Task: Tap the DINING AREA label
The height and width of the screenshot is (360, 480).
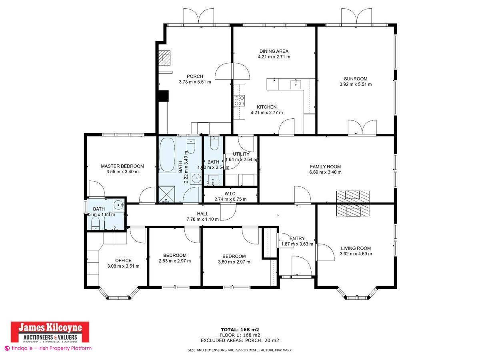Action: [x=274, y=51]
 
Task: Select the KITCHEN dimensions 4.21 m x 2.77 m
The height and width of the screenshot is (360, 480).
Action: [x=266, y=112]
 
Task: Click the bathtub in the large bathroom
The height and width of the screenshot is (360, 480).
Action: [x=168, y=155]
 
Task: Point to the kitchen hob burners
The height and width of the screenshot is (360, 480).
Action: [x=239, y=100]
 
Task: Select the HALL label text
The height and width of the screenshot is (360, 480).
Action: [x=203, y=214]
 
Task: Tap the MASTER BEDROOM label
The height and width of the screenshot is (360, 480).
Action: [x=122, y=166]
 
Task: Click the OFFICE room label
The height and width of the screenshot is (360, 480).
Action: [x=123, y=260]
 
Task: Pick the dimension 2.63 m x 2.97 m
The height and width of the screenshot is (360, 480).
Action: [x=175, y=261]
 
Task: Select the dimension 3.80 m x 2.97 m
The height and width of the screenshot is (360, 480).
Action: [x=234, y=262]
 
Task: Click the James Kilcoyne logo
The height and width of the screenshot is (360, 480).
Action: [x=49, y=332]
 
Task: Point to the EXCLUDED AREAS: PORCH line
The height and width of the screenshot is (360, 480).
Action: [x=240, y=340]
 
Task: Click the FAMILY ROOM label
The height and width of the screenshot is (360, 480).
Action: [x=325, y=166]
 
